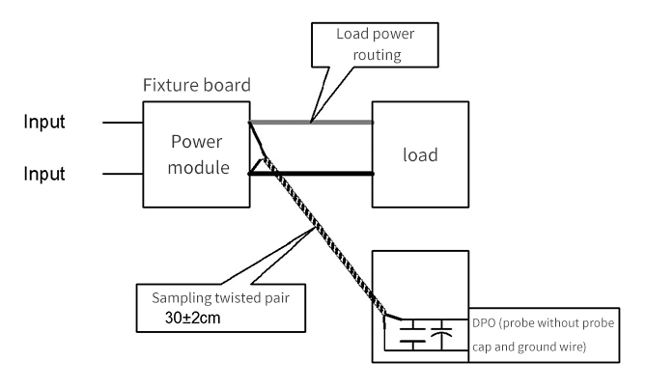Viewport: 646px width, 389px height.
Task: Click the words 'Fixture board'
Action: click(x=197, y=85)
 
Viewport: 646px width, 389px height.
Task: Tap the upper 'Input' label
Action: click(x=44, y=122)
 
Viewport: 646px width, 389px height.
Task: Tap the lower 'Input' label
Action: click(x=44, y=174)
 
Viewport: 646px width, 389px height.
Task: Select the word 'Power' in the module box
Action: click(x=197, y=142)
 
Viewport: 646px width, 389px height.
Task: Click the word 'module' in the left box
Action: click(x=198, y=168)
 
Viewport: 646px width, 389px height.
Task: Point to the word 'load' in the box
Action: click(x=420, y=154)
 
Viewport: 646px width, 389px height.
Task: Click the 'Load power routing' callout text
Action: click(x=376, y=44)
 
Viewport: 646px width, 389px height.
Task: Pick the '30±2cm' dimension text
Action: click(x=192, y=318)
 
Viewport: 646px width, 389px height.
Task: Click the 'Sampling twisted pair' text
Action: click(x=220, y=297)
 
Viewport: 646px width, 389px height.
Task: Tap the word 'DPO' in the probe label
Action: click(x=484, y=322)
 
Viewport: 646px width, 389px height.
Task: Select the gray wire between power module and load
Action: click(x=311, y=123)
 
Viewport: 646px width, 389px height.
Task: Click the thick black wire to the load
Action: click(x=311, y=174)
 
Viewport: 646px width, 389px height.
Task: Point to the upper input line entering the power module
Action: click(x=123, y=123)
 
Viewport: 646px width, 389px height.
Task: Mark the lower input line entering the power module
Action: click(x=123, y=174)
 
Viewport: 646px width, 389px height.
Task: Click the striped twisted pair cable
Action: click(x=325, y=237)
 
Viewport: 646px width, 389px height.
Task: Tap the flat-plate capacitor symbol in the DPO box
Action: click(x=413, y=335)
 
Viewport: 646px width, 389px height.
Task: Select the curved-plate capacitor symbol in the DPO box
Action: click(x=441, y=333)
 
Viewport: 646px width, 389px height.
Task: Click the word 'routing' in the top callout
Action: click(x=377, y=55)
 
